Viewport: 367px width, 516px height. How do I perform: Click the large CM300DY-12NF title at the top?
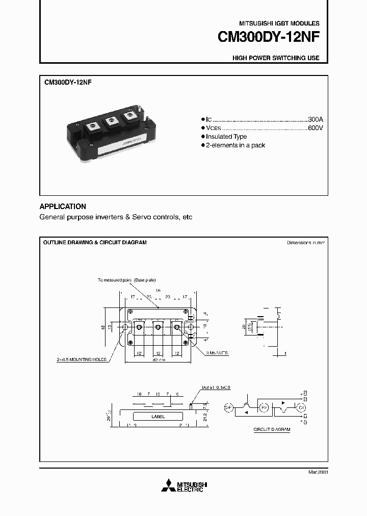pos(268,38)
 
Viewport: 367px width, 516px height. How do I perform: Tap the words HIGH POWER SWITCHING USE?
pos(276,58)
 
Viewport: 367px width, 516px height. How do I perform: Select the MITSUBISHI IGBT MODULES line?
pos(279,23)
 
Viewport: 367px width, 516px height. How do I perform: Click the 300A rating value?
pos(315,118)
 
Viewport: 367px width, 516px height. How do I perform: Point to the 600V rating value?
pos(315,127)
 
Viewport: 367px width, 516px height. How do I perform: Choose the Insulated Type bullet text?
pos(226,137)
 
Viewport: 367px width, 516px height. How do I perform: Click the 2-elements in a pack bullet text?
pos(235,145)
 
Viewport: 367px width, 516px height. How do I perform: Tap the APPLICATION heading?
pos(63,207)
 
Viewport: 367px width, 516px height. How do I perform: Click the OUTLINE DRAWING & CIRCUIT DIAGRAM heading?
pos(94,243)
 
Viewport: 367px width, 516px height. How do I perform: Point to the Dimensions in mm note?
pos(306,243)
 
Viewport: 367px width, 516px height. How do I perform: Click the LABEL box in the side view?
pos(159,417)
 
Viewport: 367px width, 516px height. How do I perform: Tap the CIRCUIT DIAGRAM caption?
pos(272,430)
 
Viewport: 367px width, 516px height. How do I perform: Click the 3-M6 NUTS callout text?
pos(218,353)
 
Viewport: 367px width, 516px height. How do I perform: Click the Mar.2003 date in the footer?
pos(318,473)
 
